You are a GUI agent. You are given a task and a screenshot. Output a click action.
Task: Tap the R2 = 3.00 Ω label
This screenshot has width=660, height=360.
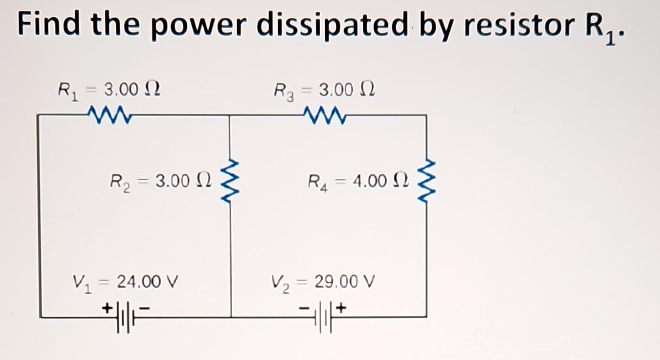coord(160,180)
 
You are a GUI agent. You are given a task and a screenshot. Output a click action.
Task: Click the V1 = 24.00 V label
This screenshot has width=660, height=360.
coord(126,281)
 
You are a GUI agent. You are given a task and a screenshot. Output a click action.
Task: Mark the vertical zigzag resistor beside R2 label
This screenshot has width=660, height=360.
coord(230,183)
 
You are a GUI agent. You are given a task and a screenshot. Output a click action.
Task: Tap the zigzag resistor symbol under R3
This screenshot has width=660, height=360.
coord(323,113)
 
